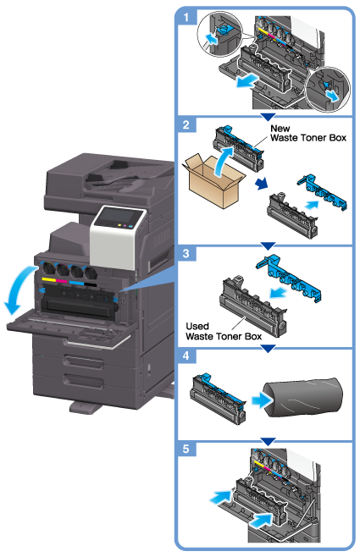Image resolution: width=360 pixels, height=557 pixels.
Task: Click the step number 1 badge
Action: tap(186, 16)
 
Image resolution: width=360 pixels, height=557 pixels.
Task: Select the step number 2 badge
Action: tap(186, 124)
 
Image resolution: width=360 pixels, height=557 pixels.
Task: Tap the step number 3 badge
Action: tap(186, 254)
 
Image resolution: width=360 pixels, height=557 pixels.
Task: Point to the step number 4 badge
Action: tap(186, 356)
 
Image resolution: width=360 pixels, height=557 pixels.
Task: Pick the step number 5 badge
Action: tap(186, 449)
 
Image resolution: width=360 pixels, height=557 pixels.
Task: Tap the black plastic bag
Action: tap(303, 397)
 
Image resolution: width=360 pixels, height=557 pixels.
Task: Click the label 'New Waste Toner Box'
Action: tap(308, 133)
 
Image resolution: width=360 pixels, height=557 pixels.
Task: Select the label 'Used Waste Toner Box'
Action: tap(224, 332)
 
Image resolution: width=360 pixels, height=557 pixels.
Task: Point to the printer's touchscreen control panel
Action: tap(118, 217)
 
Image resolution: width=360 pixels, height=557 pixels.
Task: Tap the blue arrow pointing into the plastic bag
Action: tap(262, 401)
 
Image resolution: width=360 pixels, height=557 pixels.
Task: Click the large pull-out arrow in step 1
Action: tap(247, 80)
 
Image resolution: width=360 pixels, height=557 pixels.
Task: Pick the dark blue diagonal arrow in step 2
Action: tap(262, 184)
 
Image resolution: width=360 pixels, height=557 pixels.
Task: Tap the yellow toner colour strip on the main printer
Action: tap(48, 281)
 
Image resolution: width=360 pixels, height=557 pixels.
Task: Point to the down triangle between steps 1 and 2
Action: tap(268, 117)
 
